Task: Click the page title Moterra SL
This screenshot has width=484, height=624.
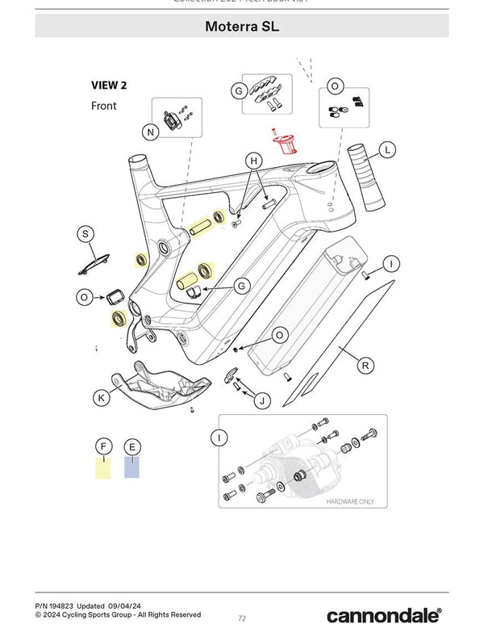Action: tap(242, 27)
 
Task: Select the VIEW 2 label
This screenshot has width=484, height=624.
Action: tap(109, 85)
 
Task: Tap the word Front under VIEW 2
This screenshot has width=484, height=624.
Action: tap(103, 106)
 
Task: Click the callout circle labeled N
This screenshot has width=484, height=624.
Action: tap(150, 132)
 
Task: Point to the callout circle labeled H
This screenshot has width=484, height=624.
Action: tap(254, 161)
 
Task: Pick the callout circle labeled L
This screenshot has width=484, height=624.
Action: tap(388, 150)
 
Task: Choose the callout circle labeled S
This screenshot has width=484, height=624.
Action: tap(85, 234)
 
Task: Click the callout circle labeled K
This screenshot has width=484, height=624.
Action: tap(102, 397)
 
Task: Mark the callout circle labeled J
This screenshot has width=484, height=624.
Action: tap(261, 400)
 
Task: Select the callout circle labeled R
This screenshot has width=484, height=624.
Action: tap(365, 366)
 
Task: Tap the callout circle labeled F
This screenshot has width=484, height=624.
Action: tap(102, 446)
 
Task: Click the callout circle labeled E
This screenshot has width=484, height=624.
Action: tap(131, 446)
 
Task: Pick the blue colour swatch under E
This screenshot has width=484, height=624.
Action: tap(131, 467)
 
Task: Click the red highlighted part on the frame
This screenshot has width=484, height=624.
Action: tap(285, 145)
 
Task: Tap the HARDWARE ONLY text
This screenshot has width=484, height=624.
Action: tap(350, 501)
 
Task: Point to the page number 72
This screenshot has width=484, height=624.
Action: tap(241, 618)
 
